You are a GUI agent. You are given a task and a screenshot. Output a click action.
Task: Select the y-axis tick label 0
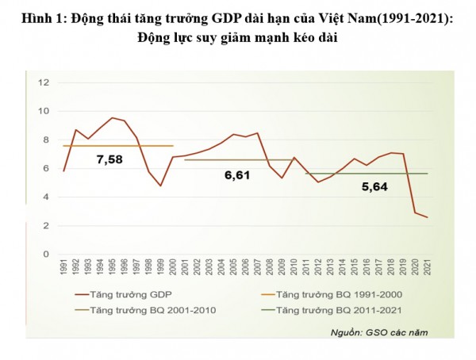47,255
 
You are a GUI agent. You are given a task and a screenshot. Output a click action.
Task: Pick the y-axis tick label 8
47,140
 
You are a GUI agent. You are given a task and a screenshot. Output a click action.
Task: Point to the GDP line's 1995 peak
112,118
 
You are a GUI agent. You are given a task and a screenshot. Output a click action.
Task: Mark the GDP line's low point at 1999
160,186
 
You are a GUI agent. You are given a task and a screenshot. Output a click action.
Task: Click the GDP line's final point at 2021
428,217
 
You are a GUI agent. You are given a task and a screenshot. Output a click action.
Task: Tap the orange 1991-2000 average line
119,146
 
